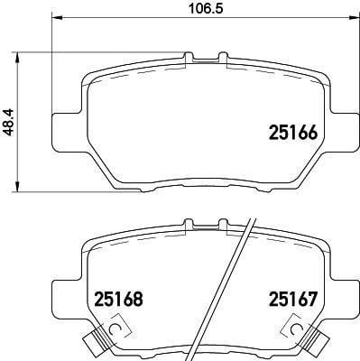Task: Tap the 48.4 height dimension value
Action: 10,123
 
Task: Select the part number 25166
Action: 293,133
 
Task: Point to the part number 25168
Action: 119,299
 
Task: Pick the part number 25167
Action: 293,299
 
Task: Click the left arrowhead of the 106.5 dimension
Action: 57,18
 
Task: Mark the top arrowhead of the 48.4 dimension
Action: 18,58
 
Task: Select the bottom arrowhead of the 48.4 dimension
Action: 18,186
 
